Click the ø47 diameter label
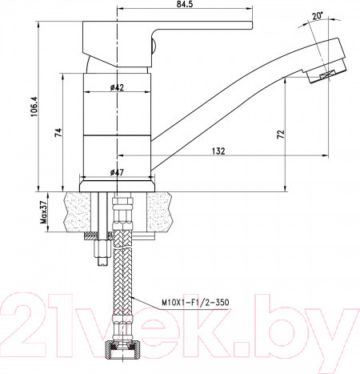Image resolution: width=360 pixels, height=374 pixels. [117, 171]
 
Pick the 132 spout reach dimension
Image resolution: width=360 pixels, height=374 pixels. [219, 151]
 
